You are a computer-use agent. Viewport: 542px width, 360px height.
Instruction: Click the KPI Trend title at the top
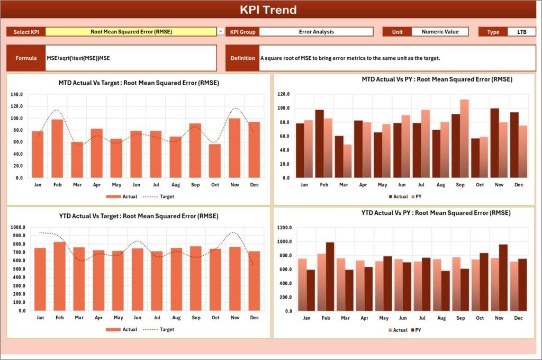coord(268,10)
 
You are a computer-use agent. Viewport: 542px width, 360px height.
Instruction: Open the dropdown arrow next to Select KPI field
coord(221,32)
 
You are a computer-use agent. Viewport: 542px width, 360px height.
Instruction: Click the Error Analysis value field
coord(316,32)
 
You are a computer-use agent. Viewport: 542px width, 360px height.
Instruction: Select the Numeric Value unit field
coord(440,32)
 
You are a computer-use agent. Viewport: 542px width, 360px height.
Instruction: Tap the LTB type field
coord(521,32)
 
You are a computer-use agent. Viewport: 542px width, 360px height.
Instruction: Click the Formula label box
coord(26,58)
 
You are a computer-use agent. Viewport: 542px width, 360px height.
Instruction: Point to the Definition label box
coord(242,58)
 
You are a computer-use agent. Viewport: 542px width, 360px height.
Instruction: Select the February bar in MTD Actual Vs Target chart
coord(57,149)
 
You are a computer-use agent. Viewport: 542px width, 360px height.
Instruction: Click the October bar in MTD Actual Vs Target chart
coord(214,161)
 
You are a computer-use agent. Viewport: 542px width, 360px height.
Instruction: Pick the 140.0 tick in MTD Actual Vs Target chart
coord(16,94)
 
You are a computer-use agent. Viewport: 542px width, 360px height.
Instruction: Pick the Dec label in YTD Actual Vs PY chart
coord(518,318)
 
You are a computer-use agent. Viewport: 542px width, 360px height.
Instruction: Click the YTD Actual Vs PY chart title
coord(436,213)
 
